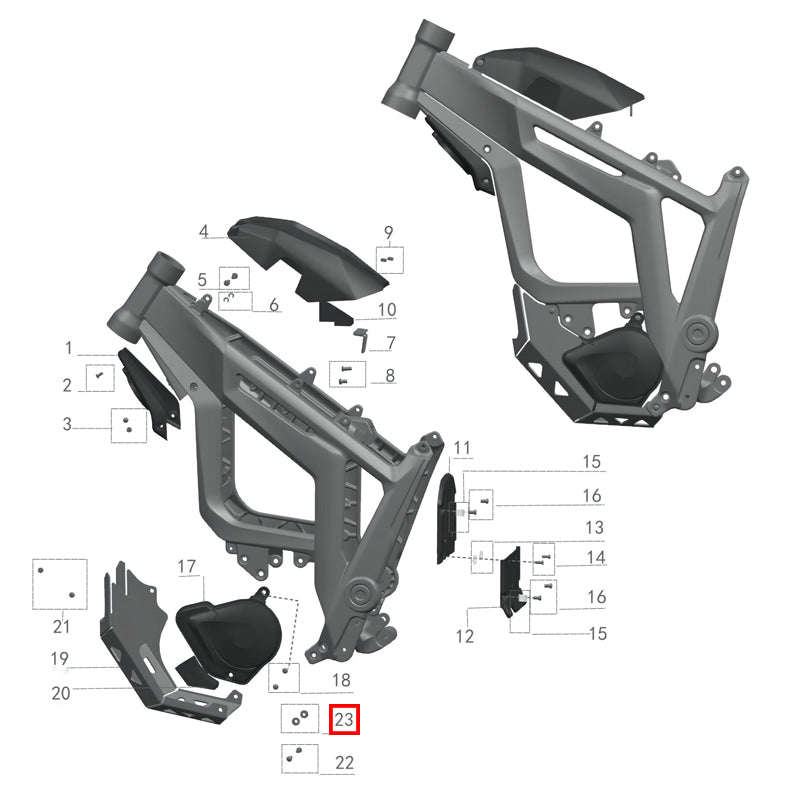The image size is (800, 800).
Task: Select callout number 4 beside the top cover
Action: coord(203,232)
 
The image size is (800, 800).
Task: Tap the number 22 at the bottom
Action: coord(345,763)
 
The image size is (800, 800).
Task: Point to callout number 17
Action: coord(187,567)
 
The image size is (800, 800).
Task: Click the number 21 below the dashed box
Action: coord(61,627)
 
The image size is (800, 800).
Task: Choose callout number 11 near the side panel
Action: coord(460,447)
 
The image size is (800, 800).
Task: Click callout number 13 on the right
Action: coord(594,527)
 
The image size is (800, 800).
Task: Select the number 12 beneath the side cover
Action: coord(465,636)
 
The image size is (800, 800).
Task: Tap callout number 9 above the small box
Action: coord(389,233)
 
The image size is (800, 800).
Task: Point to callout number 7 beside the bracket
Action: coord(390,343)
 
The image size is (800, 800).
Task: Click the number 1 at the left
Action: coord(69,349)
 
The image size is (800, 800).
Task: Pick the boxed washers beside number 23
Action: coord(298,718)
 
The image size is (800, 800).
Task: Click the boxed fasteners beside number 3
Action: coord(128,426)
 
